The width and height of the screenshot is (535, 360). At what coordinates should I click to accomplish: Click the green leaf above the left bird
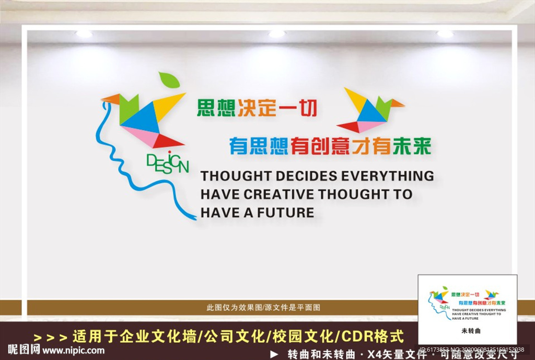click(169, 80)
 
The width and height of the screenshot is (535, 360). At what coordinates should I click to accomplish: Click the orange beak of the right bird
click(397, 103)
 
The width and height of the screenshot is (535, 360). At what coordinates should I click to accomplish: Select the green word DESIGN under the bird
click(167, 162)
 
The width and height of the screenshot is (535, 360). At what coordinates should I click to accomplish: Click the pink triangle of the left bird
click(140, 136)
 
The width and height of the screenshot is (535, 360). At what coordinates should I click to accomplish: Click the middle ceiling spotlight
click(277, 33)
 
